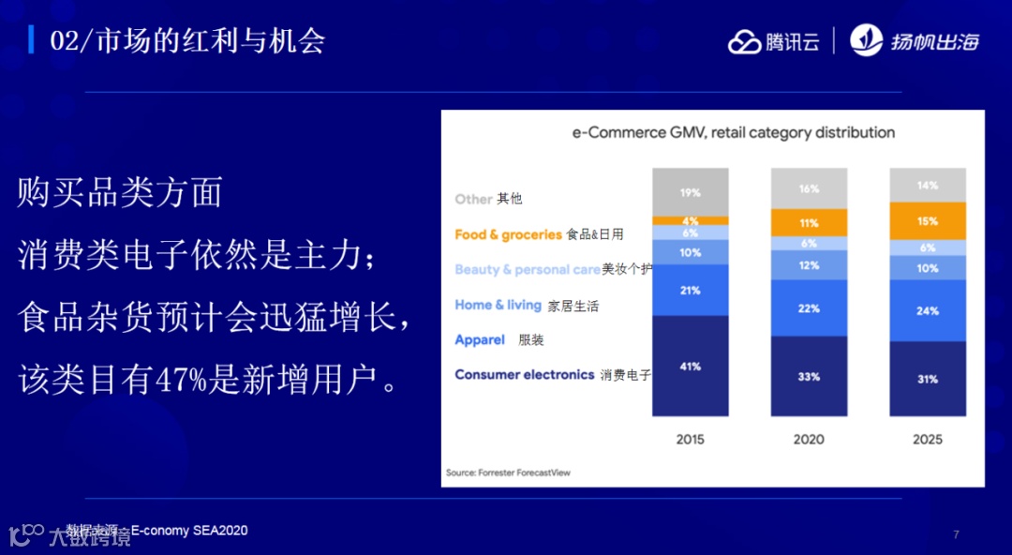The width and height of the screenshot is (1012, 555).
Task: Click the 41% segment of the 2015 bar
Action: click(x=690, y=367)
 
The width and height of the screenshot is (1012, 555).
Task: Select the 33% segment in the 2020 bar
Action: click(x=809, y=376)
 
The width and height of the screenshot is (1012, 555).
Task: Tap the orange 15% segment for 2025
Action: click(x=927, y=221)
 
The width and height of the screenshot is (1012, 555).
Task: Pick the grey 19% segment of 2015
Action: click(x=690, y=192)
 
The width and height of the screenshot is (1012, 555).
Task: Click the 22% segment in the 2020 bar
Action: click(x=809, y=308)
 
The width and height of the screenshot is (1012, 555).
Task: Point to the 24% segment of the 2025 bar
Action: click(x=927, y=310)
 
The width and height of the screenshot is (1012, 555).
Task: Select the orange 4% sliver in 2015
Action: click(x=690, y=221)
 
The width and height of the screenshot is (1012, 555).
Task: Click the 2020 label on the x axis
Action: click(x=809, y=439)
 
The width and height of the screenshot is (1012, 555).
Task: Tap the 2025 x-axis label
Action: click(x=927, y=439)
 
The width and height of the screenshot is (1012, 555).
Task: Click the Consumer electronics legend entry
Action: click(x=525, y=374)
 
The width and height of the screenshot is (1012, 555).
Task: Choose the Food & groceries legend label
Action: click(x=508, y=234)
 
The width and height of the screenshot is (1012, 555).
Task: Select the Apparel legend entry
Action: click(x=480, y=339)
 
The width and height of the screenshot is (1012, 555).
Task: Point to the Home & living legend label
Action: click(x=498, y=305)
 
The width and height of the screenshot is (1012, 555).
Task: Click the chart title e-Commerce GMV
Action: click(x=733, y=133)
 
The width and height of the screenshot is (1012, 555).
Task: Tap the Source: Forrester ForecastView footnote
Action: click(x=508, y=472)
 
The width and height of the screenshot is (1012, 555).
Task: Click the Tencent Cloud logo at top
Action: click(x=774, y=41)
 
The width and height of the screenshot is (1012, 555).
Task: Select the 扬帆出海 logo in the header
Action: click(x=915, y=41)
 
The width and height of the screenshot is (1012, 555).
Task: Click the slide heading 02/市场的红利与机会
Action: click(x=186, y=41)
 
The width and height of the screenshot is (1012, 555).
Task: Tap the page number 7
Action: click(x=956, y=534)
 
